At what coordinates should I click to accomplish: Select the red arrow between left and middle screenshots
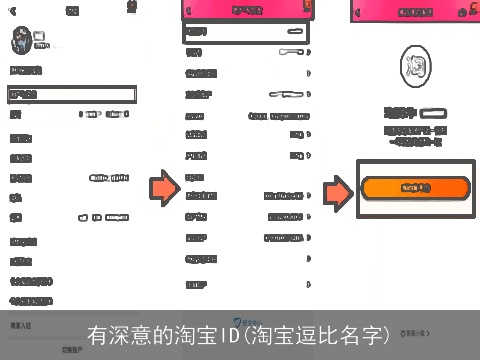162,187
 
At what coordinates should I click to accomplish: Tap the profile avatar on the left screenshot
20,42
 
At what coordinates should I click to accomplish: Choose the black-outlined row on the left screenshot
71,94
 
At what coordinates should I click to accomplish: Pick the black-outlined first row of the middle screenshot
246,32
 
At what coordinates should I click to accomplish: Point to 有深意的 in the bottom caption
126,334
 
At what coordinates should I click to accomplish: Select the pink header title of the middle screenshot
244,10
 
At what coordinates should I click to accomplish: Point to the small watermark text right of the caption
415,331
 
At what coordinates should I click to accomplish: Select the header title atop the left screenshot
71,10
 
